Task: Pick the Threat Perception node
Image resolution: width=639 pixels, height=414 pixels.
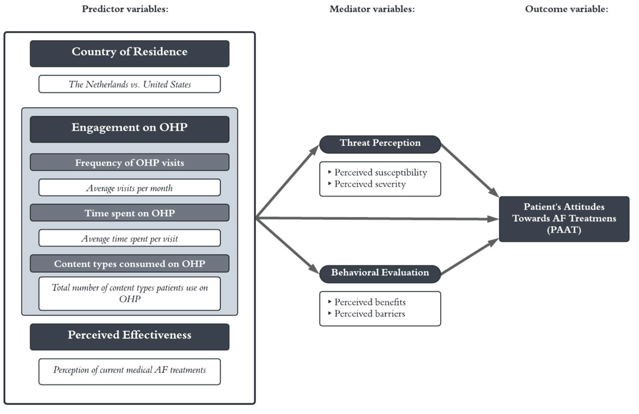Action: coord(380,144)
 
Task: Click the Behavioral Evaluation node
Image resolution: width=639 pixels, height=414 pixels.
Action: coord(380,274)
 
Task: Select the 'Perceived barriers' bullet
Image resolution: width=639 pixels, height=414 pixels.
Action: coord(369,314)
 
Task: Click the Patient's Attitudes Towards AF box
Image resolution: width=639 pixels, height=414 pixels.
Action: coord(564,219)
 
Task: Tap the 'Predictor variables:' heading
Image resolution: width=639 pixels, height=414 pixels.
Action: coord(125,9)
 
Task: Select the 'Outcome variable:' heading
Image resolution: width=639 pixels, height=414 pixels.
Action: coord(566,9)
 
